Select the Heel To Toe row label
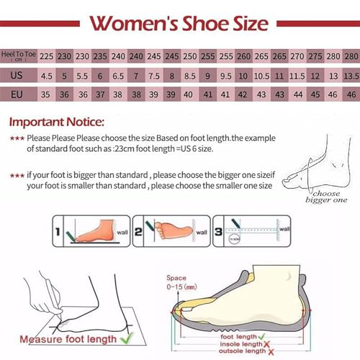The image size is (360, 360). pyautogui.click(x=19, y=56)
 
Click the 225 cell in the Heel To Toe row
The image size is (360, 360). pyautogui.click(x=46, y=56)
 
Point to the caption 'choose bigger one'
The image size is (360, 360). pyautogui.click(x=330, y=197)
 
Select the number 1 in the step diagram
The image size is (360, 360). pyautogui.click(x=60, y=232)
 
